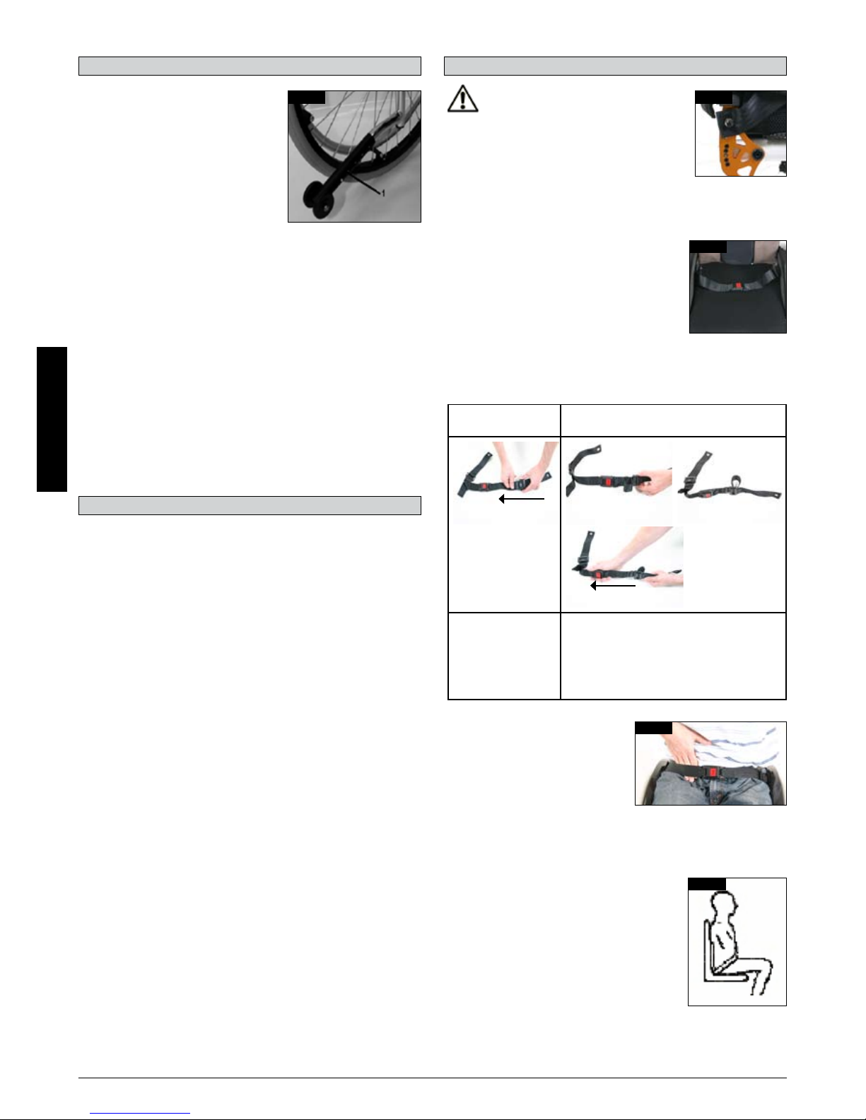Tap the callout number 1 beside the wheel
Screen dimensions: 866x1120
coord(383,194)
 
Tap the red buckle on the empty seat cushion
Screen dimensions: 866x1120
coord(738,285)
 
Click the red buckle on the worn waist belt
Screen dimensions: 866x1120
coord(713,772)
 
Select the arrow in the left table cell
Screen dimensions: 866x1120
coord(522,498)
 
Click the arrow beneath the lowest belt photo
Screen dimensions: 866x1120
coord(613,586)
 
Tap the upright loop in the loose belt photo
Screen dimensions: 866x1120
coord(735,482)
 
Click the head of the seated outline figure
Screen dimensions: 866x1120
coord(723,907)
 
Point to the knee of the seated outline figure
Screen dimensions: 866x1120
coord(766,964)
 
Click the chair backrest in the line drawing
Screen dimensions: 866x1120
coord(707,948)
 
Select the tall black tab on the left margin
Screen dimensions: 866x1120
coord(52,419)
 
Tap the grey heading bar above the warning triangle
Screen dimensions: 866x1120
coord(615,66)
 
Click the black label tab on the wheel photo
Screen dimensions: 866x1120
coord(307,98)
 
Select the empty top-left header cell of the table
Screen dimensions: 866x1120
coord(504,420)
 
